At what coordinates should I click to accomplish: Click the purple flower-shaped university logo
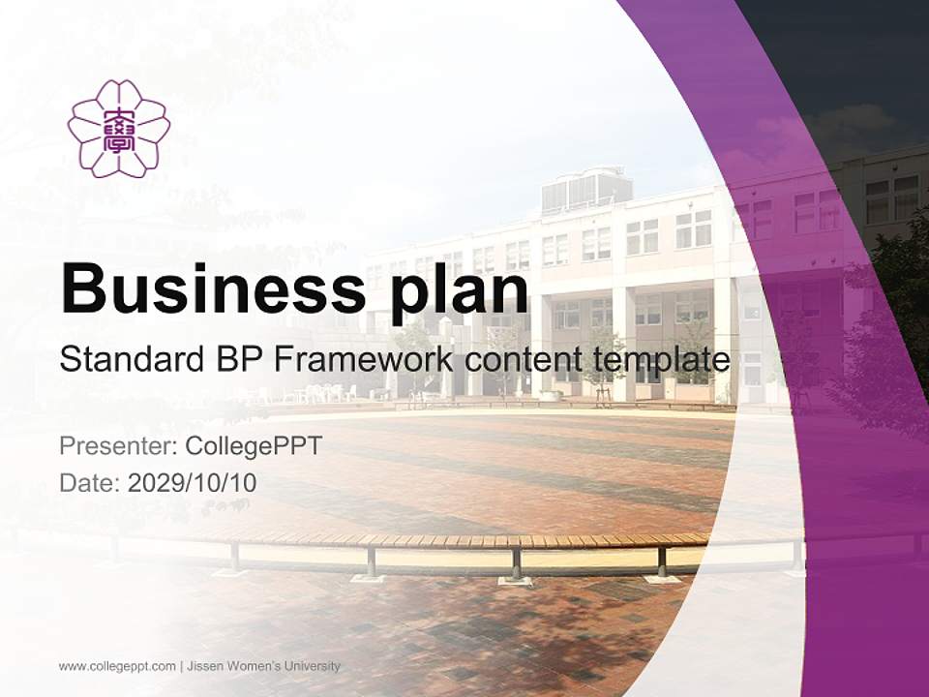coord(119,129)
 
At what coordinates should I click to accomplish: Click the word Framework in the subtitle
coord(360,360)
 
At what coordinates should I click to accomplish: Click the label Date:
coord(90,482)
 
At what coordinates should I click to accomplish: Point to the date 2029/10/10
coord(192,482)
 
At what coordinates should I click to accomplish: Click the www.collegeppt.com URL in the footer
coord(117,666)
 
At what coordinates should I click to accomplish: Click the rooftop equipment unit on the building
coord(586,190)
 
